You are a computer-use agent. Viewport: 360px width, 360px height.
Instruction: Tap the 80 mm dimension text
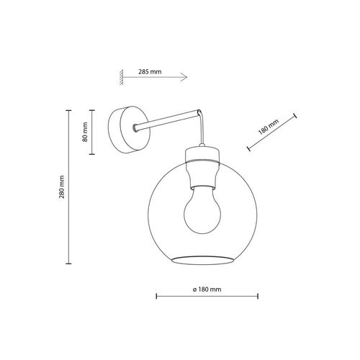(x=85, y=132)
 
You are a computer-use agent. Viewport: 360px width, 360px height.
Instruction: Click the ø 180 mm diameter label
(x=206, y=288)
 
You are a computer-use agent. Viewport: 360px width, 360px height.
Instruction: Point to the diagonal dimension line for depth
(x=272, y=132)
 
